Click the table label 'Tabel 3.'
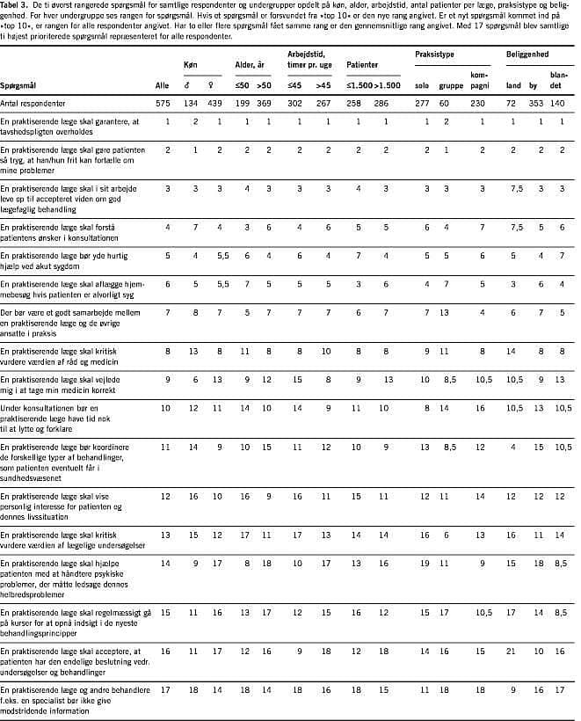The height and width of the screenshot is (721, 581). (17, 5)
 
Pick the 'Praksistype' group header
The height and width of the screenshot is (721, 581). (435, 55)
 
